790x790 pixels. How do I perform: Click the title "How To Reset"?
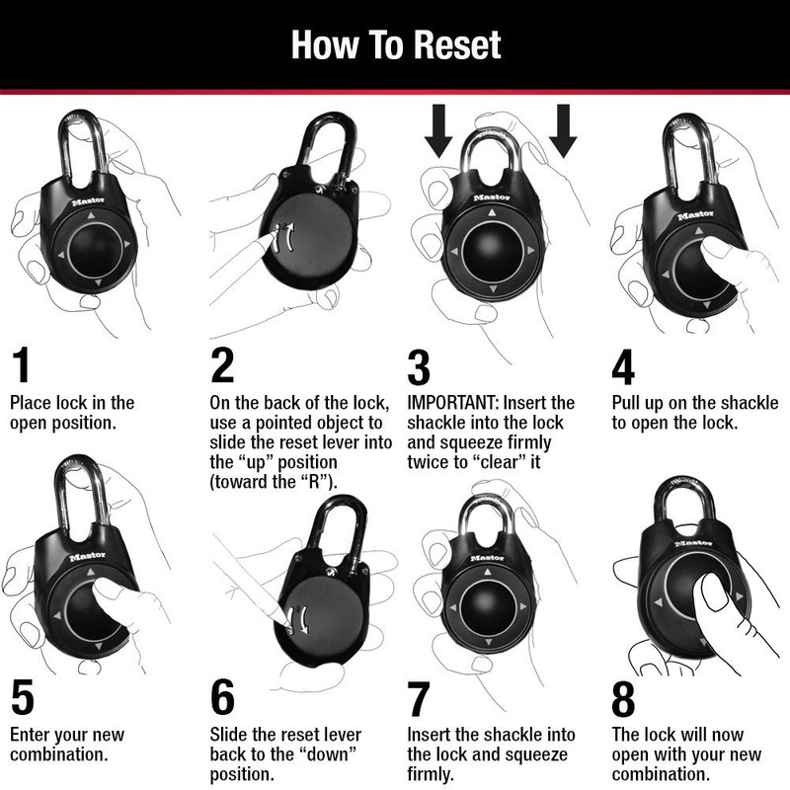coord(395,44)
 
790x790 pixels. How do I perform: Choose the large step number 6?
coord(223,698)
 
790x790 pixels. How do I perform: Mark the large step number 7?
coord(419,698)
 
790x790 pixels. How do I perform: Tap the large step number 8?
coord(623,698)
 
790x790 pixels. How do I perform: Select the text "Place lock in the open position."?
coord(71,413)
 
